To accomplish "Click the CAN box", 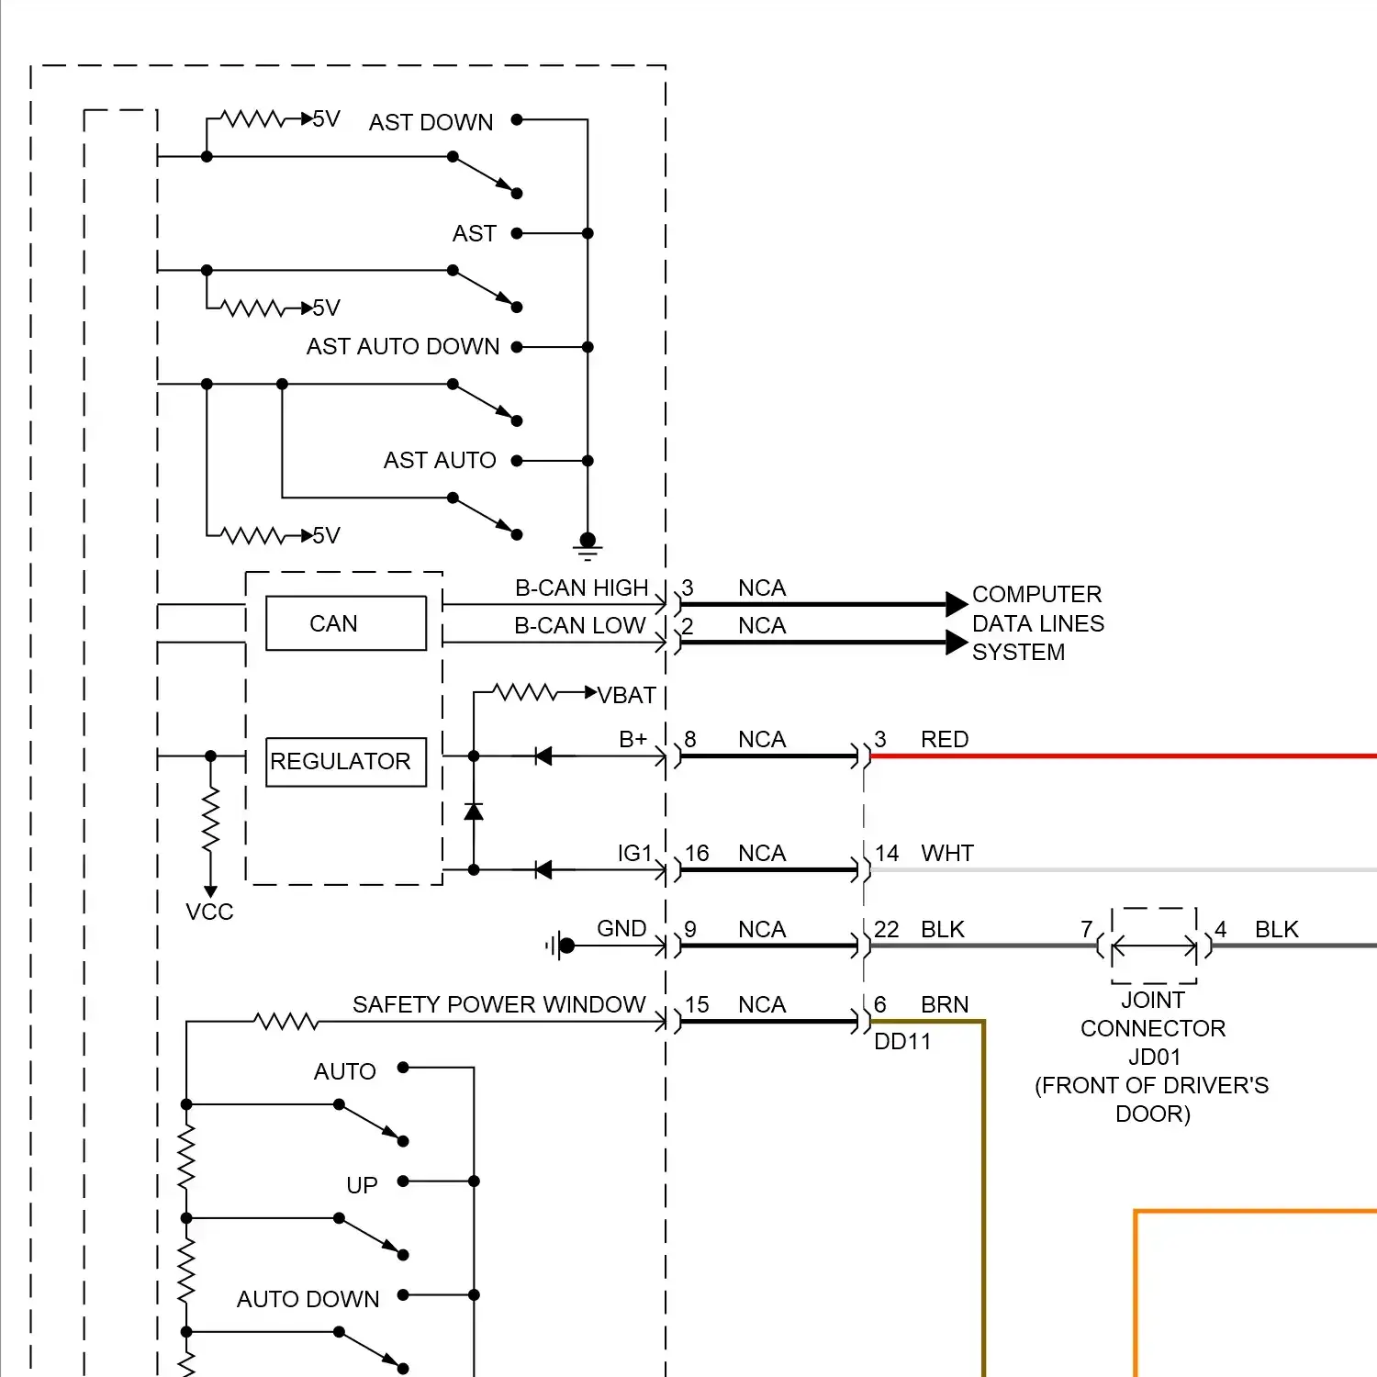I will point(345,623).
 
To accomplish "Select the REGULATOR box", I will point(345,762).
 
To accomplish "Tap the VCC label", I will point(209,912).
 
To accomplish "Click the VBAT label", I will point(627,696).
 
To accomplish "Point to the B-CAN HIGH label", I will point(581,588).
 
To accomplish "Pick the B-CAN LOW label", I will point(579,625).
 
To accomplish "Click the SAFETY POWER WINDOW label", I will point(498,1004).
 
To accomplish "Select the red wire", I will point(1120,756).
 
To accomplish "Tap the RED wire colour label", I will point(945,739).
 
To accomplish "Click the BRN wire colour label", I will point(945,1004).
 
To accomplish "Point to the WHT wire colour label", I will point(946,853).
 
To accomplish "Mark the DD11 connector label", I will point(902,1042).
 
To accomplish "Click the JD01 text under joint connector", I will point(1154,1057).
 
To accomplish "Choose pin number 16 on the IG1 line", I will point(697,853).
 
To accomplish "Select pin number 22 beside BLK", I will point(886,929).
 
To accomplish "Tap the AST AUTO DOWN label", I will point(403,346).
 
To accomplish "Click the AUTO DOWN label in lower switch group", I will point(308,1299).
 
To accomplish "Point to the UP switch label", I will point(362,1185).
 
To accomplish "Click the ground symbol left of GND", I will point(562,946).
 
